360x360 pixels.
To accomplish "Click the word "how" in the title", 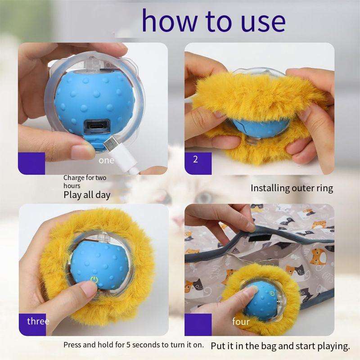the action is (169, 20).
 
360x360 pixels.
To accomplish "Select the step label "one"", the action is (106, 161).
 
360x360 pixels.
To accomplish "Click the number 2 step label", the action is (195, 159).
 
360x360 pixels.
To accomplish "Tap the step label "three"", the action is (38, 321).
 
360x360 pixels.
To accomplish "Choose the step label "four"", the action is (241, 321).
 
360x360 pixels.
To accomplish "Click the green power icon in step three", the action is (94, 279).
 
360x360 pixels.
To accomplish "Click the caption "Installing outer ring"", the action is (292, 189).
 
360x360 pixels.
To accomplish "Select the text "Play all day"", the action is (87, 195).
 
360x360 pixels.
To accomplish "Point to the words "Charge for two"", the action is (85, 178).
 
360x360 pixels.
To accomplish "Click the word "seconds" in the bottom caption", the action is (146, 345).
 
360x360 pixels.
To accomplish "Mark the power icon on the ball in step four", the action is (272, 294).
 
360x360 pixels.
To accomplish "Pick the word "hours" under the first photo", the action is (72, 185).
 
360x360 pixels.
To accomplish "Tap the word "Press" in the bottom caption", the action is (72, 345).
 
